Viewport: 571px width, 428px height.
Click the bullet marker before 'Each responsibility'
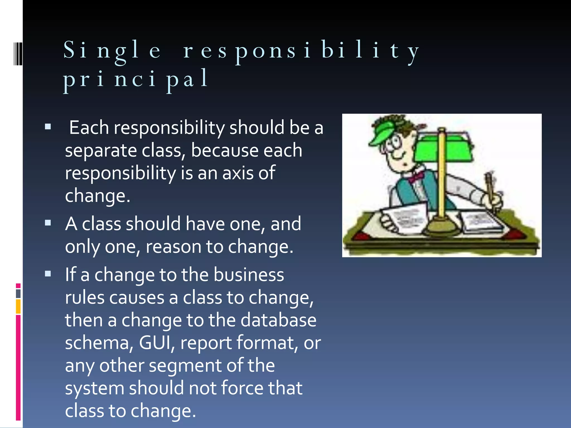coord(48,127)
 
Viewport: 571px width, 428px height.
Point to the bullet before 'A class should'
coord(48,223)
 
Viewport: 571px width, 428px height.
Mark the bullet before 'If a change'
coord(48,274)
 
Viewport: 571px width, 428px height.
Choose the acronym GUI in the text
coord(155,343)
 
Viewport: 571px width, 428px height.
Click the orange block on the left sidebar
coord(18,306)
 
